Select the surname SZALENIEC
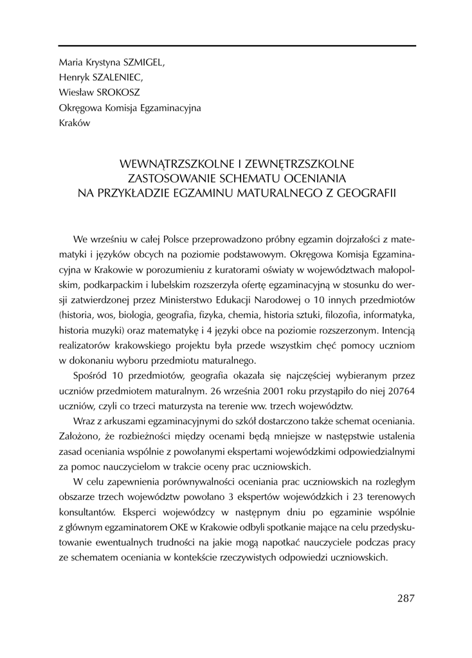coord(119,78)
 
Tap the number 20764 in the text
coord(398,391)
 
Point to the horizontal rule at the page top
coord(237,46)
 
